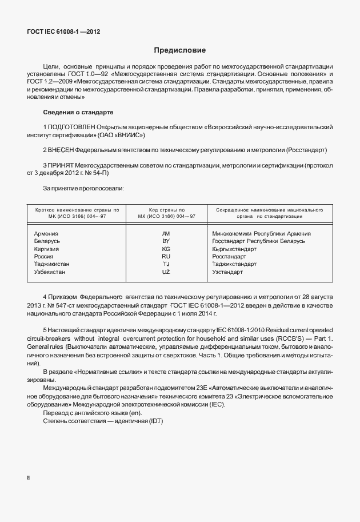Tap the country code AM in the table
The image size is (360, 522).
coord(166,234)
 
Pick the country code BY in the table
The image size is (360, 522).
coord(166,241)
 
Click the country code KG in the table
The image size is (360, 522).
coord(166,249)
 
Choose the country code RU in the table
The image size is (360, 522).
coord(166,257)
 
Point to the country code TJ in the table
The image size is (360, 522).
coord(166,265)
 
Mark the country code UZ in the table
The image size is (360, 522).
coord(166,272)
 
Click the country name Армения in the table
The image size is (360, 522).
coord(46,234)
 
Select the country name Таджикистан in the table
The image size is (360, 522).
coord(52,265)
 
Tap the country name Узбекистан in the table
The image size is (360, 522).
coord(50,272)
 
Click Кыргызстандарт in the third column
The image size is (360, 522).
coord(234,249)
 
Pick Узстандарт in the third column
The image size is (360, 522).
coord(227,272)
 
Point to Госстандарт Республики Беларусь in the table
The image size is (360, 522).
coord(258,241)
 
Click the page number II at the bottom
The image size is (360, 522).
coord(29,476)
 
